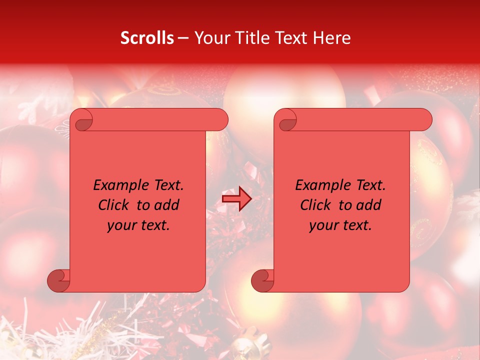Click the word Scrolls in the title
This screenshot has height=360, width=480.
pyautogui.click(x=147, y=38)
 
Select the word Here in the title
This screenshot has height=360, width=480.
pyautogui.click(x=331, y=38)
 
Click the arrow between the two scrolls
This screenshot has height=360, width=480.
pyautogui.click(x=236, y=199)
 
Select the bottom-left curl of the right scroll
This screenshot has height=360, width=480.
pyautogui.click(x=263, y=280)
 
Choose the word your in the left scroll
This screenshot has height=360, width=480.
pyautogui.click(x=121, y=225)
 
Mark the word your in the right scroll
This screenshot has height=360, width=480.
pyautogui.click(x=323, y=225)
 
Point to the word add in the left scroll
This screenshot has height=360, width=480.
pyautogui.click(x=167, y=205)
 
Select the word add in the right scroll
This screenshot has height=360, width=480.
pyautogui.click(x=369, y=205)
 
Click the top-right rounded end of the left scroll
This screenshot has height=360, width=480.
pyautogui.click(x=220, y=120)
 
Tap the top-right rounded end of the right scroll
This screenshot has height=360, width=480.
pyautogui.click(x=424, y=120)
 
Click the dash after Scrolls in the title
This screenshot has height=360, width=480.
pyautogui.click(x=182, y=38)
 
